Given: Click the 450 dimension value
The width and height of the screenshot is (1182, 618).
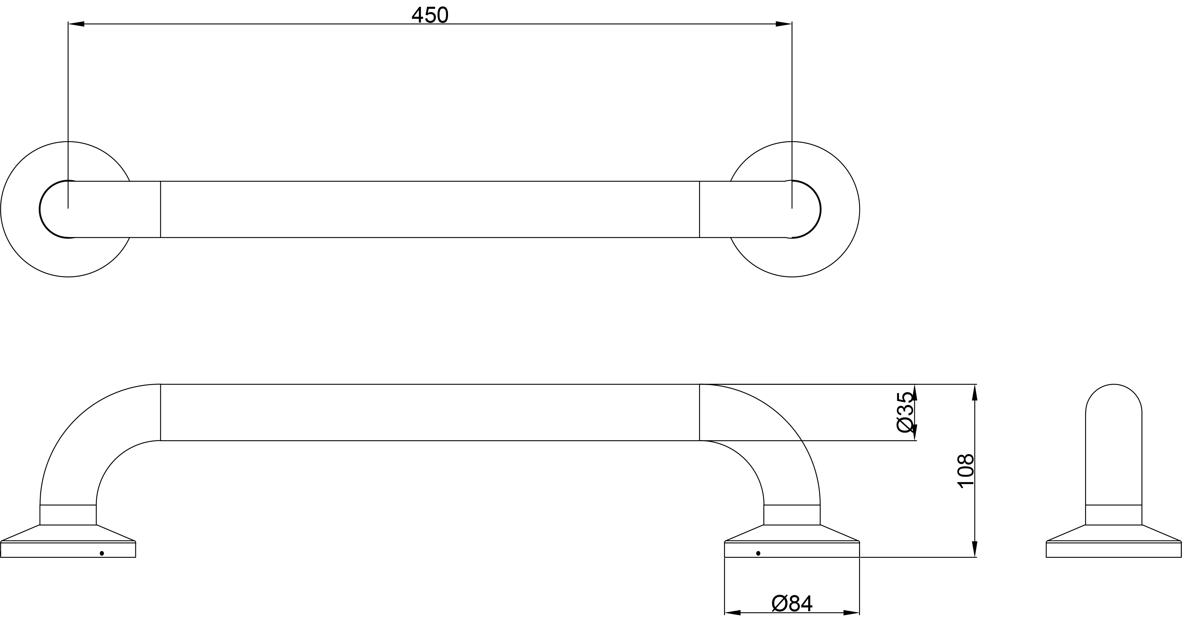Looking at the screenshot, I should tap(430, 16).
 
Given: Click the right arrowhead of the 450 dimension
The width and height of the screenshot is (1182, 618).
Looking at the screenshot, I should tap(784, 24).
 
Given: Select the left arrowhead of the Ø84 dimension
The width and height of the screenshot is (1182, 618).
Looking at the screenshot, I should tap(732, 612).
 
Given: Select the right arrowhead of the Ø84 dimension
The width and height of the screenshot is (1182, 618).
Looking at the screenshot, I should tap(851, 612).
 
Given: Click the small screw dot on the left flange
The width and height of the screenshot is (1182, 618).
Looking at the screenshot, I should tap(102, 553).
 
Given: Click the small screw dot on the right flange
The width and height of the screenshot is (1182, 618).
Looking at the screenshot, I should tap(758, 553).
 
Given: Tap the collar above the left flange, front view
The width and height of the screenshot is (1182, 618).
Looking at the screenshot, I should tap(68, 515).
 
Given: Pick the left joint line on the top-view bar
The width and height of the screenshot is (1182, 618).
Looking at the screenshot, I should tap(161, 209).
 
